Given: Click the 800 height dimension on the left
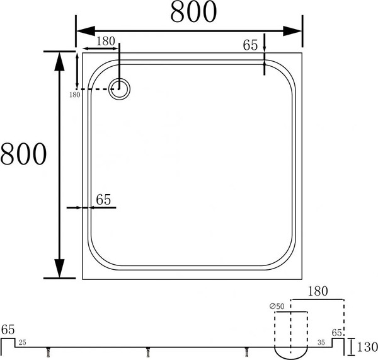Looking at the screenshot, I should click(23, 154).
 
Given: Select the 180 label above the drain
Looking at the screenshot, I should click(106, 41).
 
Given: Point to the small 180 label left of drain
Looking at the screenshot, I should click(74, 95).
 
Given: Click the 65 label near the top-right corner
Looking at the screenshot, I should click(251, 45).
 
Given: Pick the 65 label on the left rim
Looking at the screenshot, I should click(103, 199).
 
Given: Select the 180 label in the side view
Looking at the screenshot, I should click(318, 292).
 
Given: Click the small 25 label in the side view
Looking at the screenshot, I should click(23, 344).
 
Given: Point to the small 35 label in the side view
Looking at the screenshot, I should click(321, 344).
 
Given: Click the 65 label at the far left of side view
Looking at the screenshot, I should click(8, 330).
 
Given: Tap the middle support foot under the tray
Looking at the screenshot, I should click(148, 352).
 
